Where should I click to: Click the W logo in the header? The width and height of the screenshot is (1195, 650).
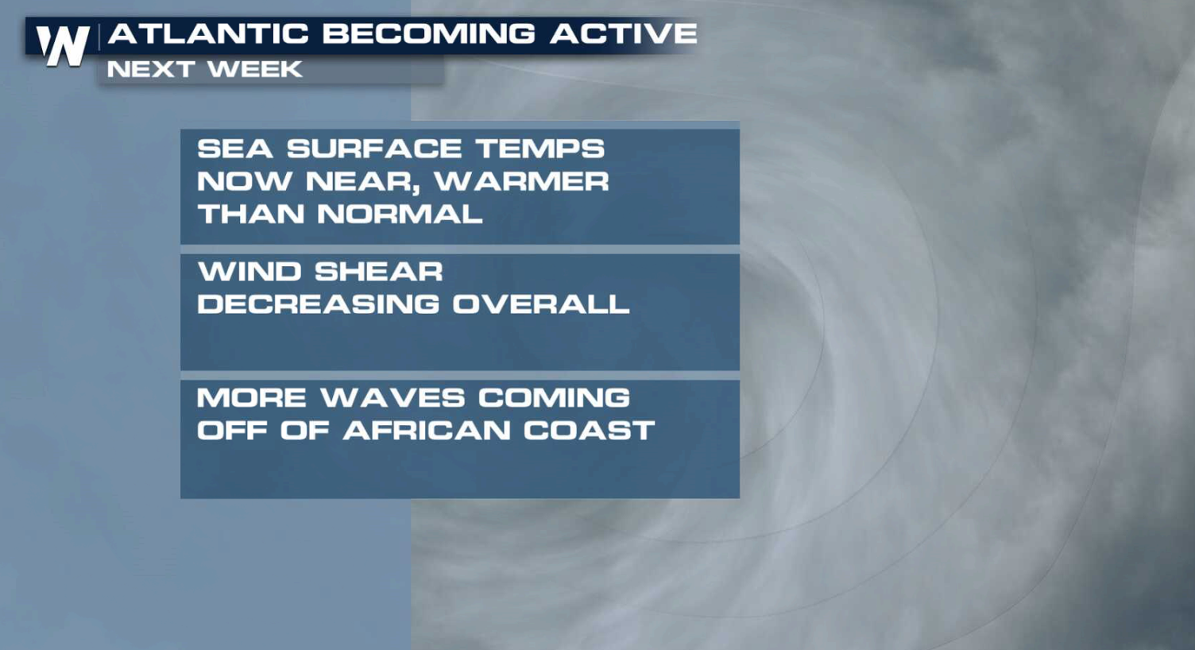pyautogui.click(x=62, y=45)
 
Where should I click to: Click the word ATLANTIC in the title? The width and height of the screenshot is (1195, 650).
pyautogui.click(x=208, y=33)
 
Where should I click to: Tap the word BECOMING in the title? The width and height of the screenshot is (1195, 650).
pyautogui.click(x=429, y=33)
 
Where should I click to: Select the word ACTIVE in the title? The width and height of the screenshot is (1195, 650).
pyautogui.click(x=624, y=33)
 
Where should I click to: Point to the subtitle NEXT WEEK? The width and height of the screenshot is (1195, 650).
pyautogui.click(x=204, y=69)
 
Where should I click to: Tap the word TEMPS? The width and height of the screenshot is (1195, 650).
pyautogui.click(x=540, y=149)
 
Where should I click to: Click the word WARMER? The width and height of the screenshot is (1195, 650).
pyautogui.click(x=521, y=181)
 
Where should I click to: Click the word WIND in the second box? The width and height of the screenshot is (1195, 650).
pyautogui.click(x=249, y=272)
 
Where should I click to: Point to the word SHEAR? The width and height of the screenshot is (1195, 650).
pyautogui.click(x=378, y=272)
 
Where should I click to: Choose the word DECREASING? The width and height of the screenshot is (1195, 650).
pyautogui.click(x=318, y=304)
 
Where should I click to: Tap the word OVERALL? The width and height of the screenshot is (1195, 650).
pyautogui.click(x=541, y=304)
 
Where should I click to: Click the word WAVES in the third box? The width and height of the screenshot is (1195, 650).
pyautogui.click(x=392, y=397)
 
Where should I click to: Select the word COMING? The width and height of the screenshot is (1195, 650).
pyautogui.click(x=554, y=397)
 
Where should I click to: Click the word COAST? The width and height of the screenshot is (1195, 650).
pyautogui.click(x=589, y=430)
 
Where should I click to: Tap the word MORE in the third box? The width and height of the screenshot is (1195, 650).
pyautogui.click(x=251, y=397)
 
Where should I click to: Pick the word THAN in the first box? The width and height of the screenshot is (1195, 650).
pyautogui.click(x=250, y=214)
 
